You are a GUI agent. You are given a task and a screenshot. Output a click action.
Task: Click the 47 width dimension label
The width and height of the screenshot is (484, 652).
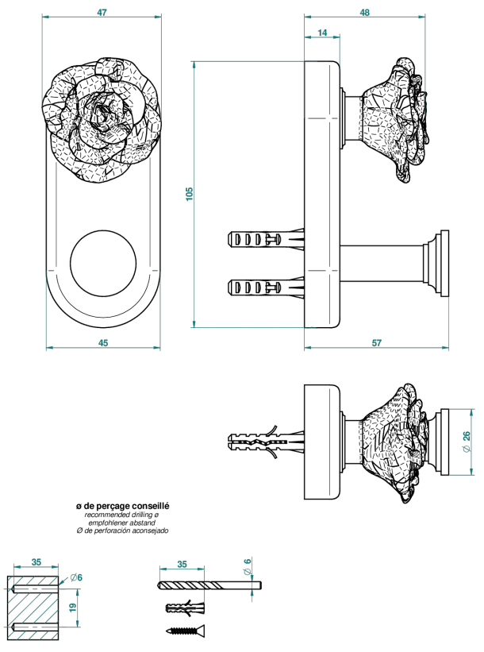tap(102, 13)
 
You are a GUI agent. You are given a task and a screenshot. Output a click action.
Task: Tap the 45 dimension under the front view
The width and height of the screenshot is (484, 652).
tap(103, 342)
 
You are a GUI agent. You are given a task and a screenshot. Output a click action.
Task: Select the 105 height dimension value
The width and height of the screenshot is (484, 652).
tap(190, 195)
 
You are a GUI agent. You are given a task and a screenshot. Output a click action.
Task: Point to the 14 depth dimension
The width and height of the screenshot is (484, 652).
tap(322, 33)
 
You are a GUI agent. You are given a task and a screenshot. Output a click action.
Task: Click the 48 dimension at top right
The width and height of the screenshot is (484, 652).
tap(364, 13)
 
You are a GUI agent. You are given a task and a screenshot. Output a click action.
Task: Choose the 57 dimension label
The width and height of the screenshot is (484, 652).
tap(376, 342)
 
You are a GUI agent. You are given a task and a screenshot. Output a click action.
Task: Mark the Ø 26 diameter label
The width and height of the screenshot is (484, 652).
tap(466, 442)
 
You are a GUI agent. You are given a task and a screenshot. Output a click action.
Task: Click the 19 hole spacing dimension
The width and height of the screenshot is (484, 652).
tap(73, 607)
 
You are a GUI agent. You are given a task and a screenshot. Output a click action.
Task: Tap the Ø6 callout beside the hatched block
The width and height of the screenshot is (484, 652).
tap(76, 577)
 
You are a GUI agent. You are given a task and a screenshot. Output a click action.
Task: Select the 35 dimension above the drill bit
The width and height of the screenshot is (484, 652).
tap(182, 564)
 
